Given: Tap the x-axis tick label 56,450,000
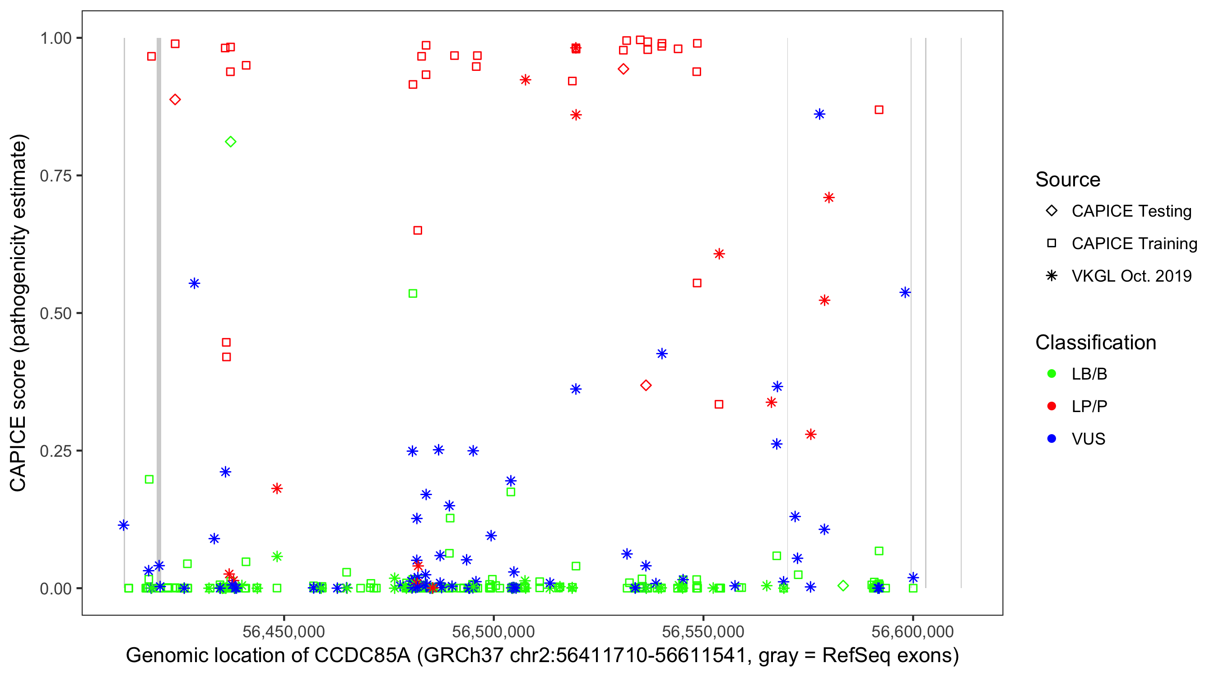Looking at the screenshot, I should pos(284,631).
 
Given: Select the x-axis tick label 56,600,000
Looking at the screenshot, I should pos(912,631).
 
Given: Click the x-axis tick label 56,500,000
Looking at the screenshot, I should pos(493,631).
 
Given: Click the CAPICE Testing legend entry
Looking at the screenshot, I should pos(1131,211).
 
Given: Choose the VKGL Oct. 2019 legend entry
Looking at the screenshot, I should pos(1131,276).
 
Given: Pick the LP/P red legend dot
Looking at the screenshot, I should pos(1052,406).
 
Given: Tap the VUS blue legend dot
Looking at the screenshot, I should pos(1052,439).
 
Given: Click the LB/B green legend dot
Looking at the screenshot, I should pos(1052,374).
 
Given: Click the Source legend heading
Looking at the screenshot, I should pos(1068,179).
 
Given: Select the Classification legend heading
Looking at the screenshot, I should pos(1095,343).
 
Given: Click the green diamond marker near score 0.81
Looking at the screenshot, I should pos(230,141).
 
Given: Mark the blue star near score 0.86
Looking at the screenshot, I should pos(819,114).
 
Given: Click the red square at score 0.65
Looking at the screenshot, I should pos(417,230).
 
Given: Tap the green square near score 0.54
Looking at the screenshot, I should pos(413,293).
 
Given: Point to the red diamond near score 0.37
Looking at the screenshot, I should pos(646,385).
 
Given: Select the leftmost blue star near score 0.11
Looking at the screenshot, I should pos(124,525).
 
